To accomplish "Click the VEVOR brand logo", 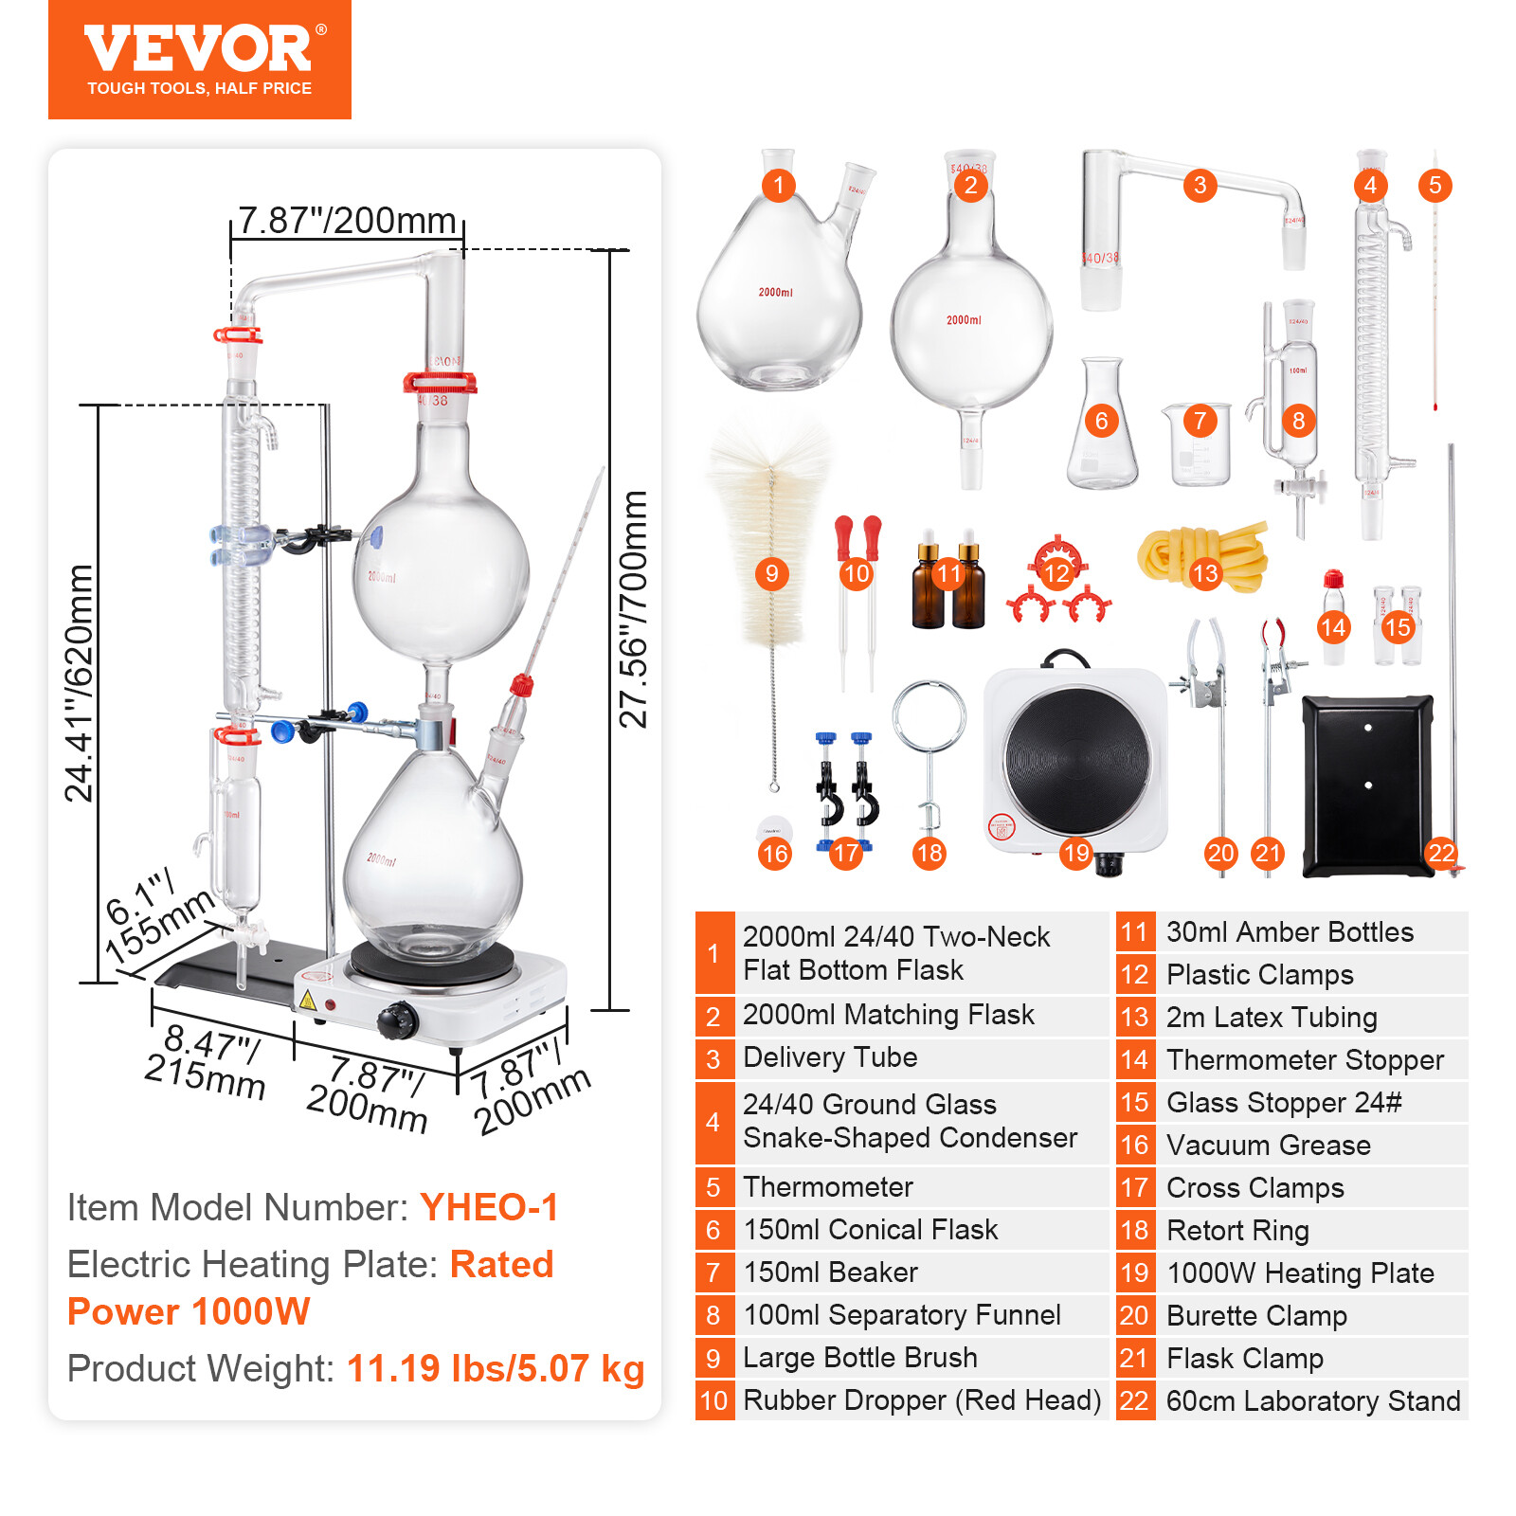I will [199, 50].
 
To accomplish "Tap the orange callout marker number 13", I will [1204, 573].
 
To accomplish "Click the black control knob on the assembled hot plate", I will [396, 1020].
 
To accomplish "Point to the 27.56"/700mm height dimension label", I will [632, 609].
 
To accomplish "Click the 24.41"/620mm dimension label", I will [80, 682].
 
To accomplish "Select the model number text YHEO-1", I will [489, 1207].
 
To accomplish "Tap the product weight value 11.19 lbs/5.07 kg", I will [496, 1368].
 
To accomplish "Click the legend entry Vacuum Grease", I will [1268, 1145].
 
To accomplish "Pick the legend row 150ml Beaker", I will [830, 1272].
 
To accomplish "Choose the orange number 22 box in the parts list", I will [1134, 1400].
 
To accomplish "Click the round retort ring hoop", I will [929, 716].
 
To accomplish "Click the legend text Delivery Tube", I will [830, 1057].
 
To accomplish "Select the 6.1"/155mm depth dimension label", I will [156, 914].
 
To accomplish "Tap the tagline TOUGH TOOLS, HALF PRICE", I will [199, 88].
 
